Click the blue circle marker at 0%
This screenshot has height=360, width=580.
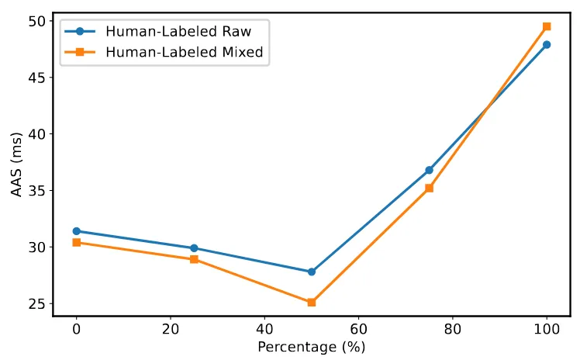(x=76, y=231)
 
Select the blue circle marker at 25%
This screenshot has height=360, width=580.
(x=194, y=248)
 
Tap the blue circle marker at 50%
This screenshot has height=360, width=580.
(x=312, y=272)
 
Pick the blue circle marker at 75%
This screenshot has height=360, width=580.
(x=429, y=170)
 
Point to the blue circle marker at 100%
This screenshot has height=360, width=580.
(x=547, y=45)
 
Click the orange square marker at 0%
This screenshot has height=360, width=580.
(x=76, y=242)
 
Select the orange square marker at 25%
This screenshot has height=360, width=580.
(x=194, y=259)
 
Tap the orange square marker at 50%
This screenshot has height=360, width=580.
(x=312, y=302)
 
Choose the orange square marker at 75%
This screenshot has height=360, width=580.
(x=429, y=188)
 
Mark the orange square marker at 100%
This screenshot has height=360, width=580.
(x=547, y=26)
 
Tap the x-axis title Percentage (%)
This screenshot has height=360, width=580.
(x=312, y=346)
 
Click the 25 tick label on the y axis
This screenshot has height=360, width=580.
(x=37, y=303)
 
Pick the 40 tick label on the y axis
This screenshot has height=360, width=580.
(x=37, y=134)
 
